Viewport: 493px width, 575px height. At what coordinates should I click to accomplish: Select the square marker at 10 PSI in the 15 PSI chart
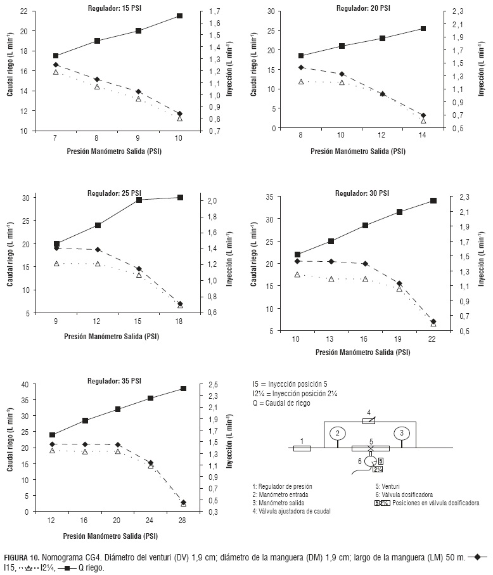click(x=179, y=16)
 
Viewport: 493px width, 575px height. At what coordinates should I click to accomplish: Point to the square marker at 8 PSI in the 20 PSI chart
click(x=301, y=56)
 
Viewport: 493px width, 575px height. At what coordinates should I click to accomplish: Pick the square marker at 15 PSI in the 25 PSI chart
click(x=139, y=200)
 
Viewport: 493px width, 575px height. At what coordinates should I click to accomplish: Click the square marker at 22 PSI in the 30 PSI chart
click(x=433, y=200)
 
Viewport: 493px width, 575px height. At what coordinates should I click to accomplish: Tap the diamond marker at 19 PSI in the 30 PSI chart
click(x=399, y=283)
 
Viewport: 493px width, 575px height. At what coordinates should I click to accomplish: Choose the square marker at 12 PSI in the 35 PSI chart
click(x=52, y=435)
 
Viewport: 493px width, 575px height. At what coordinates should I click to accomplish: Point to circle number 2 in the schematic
click(x=338, y=433)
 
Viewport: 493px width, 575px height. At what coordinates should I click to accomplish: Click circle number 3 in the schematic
click(x=400, y=433)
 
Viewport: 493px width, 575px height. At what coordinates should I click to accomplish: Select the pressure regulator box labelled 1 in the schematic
click(x=302, y=448)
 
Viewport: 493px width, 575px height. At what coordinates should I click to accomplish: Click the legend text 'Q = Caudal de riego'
click(x=281, y=403)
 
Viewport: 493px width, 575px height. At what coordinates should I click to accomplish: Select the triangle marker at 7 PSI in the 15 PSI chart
click(x=56, y=72)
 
